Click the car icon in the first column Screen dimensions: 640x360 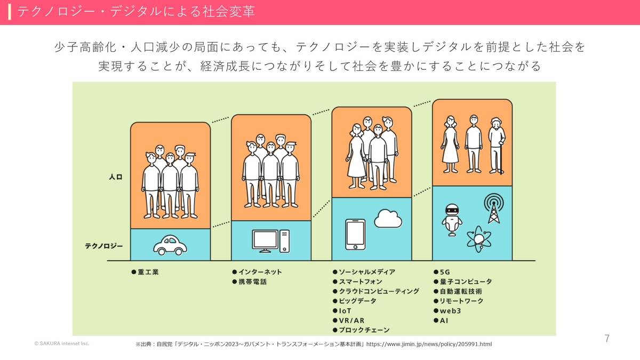(x=170, y=245)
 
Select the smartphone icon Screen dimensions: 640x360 (x=355, y=235)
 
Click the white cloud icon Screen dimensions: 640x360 (x=388, y=219)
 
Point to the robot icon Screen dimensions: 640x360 (x=452, y=220)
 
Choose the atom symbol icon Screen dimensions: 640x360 (x=479, y=239)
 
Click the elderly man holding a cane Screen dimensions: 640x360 (x=497, y=146)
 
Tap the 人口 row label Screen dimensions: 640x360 (x=116, y=177)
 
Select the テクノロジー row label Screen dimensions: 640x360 (x=103, y=246)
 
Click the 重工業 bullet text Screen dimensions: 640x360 (x=148, y=272)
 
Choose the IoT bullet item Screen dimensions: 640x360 (x=345, y=311)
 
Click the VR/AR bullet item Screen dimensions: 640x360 (x=351, y=321)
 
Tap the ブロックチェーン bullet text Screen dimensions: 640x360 (x=364, y=330)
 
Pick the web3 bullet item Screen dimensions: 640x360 (x=450, y=311)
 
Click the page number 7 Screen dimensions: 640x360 (x=607, y=339)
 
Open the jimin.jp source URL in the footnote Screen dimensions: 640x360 (x=429, y=345)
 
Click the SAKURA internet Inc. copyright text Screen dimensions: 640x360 (x=62, y=343)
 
